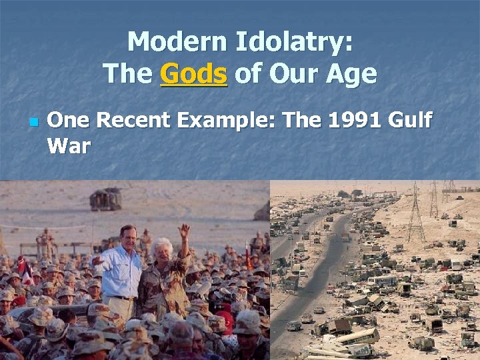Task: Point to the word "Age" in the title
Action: [351, 73]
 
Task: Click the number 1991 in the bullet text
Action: [355, 121]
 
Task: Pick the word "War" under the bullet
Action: [69, 145]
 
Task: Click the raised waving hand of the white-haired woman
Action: [184, 231]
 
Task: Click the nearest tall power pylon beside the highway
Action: [416, 213]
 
